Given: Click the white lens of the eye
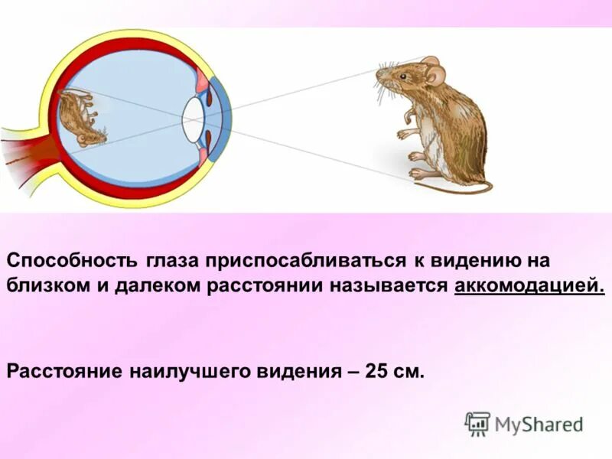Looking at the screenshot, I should point(192,120).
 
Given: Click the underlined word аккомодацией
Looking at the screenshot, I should point(529,287).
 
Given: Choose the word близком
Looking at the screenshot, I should point(47,287).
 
